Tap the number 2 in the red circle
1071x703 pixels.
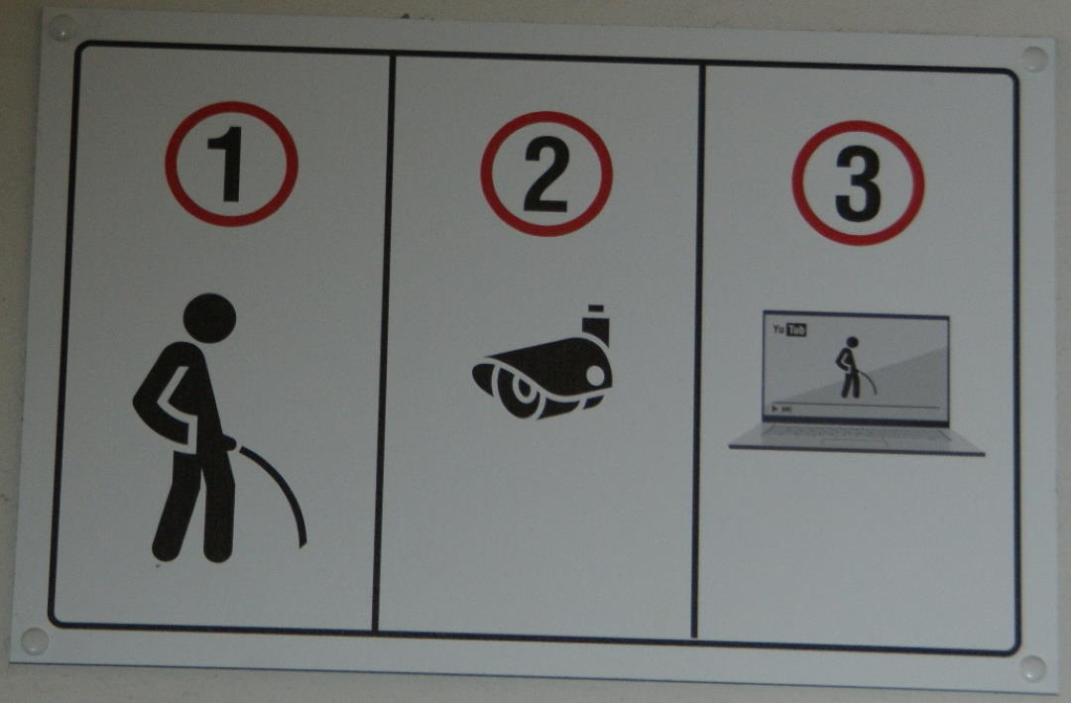[x=545, y=174]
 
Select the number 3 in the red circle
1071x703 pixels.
[x=858, y=183]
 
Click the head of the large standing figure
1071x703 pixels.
[x=209, y=318]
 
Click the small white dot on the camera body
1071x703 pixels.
[x=595, y=375]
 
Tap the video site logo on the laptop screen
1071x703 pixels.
[x=789, y=329]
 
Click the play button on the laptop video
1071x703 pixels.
[x=774, y=409]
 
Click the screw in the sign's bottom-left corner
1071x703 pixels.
[x=34, y=641]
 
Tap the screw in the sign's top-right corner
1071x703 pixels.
[x=1033, y=59]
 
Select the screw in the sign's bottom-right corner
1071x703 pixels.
[x=1032, y=669]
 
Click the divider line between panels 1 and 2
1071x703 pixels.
[x=383, y=342]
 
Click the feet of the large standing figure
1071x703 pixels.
[x=194, y=550]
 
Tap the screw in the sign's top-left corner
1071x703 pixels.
[x=60, y=28]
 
